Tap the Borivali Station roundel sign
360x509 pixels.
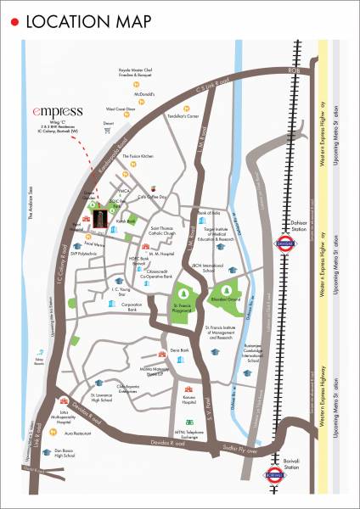pyautogui.click(x=284, y=474)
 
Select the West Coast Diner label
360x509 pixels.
pyautogui.click(x=122, y=109)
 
